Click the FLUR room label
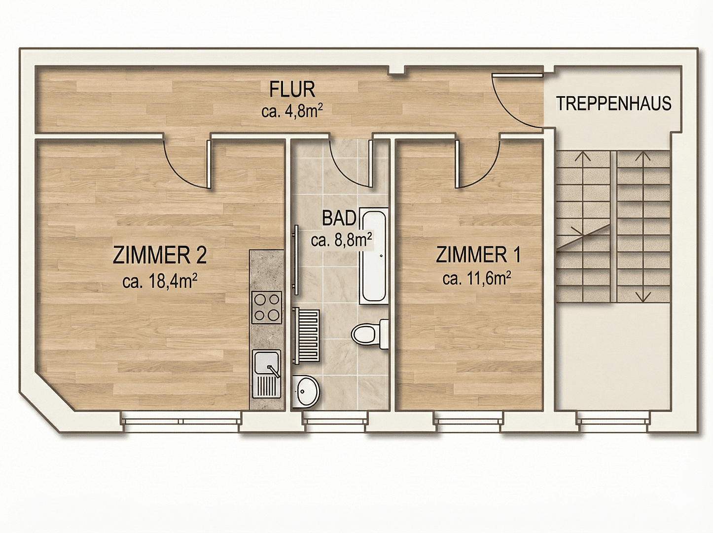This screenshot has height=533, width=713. pos(292,90)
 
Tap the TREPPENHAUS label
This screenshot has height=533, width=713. pos(613,104)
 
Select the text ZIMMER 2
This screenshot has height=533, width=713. pos(160,255)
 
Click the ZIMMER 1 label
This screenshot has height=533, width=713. pos(478,255)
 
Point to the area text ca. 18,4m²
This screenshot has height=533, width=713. pos(160,281)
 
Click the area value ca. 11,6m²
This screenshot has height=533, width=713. pos(476,279)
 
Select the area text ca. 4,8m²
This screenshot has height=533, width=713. pos(292,111)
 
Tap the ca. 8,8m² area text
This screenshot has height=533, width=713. pos(341,240)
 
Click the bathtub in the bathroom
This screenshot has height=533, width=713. pos(373,256)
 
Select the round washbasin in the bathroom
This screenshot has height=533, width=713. pos(306,391)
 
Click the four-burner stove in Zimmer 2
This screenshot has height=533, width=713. pos(266,307)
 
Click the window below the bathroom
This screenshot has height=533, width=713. pos(334,421)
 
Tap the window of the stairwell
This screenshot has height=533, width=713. pos(613,421)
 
